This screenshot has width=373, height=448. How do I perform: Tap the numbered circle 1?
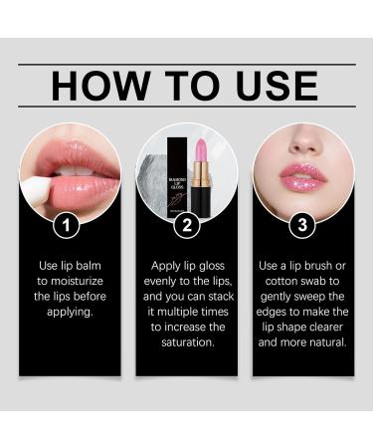(68, 225)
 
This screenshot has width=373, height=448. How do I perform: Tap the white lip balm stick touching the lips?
(38, 196)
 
